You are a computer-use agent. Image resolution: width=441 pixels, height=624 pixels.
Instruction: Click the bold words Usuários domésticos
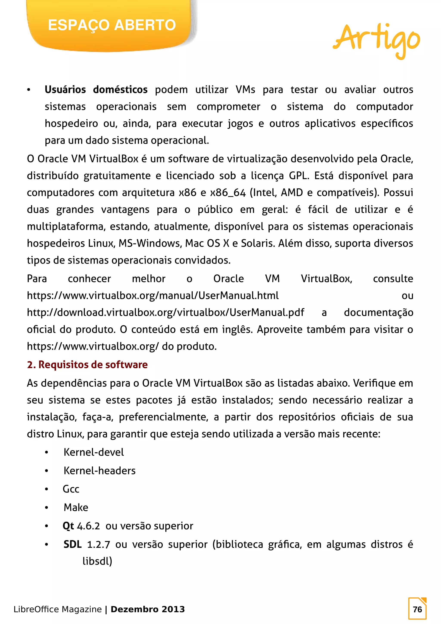(96, 89)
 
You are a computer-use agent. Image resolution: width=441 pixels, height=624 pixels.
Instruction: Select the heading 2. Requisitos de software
(87, 364)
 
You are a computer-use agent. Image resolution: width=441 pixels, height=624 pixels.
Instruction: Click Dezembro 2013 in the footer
(148, 609)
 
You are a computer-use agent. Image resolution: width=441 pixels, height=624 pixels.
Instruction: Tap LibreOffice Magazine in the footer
(57, 609)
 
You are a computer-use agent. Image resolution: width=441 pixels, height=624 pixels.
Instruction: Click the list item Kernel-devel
(94, 452)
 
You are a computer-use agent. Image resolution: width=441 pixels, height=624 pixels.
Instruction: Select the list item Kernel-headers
(99, 471)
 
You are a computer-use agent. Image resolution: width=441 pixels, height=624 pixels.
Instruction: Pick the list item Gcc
(71, 489)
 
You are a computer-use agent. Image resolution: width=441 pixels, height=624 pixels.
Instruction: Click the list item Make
(76, 507)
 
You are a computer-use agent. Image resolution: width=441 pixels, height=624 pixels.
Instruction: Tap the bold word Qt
(68, 526)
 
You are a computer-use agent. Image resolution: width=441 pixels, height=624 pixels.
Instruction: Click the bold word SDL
(72, 544)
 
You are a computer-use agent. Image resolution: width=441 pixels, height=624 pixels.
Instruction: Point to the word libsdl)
(97, 561)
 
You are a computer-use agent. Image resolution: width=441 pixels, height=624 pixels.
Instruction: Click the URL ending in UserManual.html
(153, 295)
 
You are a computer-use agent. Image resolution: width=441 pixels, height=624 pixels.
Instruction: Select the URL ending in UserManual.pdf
(165, 313)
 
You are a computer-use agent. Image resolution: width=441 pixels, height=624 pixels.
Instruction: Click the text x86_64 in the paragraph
(228, 193)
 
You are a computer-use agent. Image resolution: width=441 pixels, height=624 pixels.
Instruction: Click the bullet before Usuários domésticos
(29, 90)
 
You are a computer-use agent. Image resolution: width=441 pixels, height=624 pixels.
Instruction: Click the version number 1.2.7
(98, 545)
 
